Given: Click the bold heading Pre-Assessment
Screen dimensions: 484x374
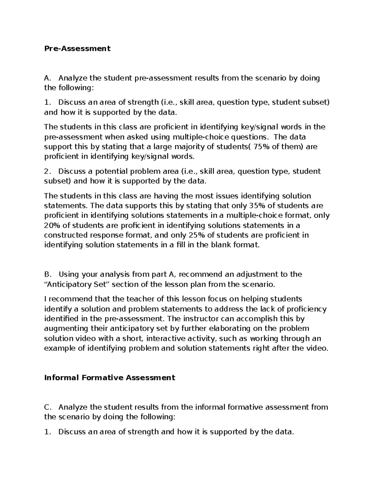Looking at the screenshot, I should (x=77, y=48).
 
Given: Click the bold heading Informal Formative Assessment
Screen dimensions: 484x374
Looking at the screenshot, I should (x=110, y=377).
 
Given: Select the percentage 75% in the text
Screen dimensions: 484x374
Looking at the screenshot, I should (x=261, y=146).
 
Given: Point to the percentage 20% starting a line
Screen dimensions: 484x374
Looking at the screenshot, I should (x=52, y=225).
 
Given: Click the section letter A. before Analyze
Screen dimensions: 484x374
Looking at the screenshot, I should (x=47, y=78).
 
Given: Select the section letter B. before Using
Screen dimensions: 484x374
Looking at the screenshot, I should (x=47, y=274).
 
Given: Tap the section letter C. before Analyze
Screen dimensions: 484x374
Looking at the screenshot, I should (x=47, y=407).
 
